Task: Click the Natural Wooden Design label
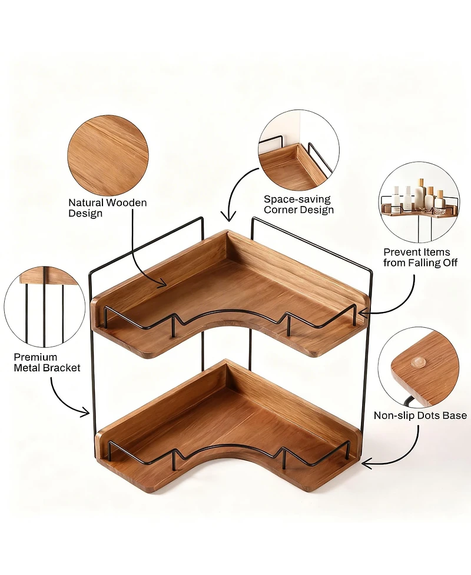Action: (108, 208)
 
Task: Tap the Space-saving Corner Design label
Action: (298, 204)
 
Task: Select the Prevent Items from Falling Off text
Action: (420, 257)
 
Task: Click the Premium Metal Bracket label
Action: (47, 362)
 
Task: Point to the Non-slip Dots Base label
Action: (420, 416)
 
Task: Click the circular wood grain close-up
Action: (108, 155)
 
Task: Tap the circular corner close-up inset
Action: (298, 150)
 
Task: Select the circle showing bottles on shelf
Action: (419, 195)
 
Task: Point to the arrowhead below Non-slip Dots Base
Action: (365, 464)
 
